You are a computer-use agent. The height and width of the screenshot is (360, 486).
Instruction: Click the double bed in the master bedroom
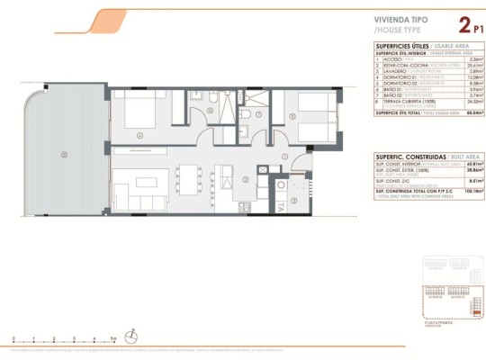(x=143, y=115)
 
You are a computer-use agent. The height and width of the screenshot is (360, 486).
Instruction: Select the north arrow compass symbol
(x=133, y=337)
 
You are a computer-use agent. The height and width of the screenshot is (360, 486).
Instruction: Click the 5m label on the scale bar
(x=112, y=337)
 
